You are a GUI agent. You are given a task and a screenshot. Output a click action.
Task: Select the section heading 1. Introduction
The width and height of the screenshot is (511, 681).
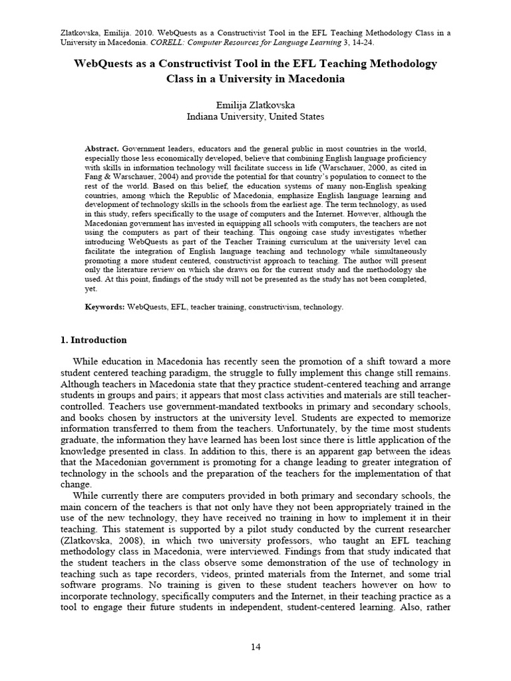[93, 340]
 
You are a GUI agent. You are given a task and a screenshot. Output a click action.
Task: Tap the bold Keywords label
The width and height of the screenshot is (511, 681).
[105, 307]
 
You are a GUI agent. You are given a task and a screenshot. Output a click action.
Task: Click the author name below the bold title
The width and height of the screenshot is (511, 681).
[255, 104]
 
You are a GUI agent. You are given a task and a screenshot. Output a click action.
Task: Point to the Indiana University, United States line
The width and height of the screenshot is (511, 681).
[255, 116]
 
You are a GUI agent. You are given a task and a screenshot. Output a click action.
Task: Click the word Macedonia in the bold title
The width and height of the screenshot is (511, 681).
[311, 78]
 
